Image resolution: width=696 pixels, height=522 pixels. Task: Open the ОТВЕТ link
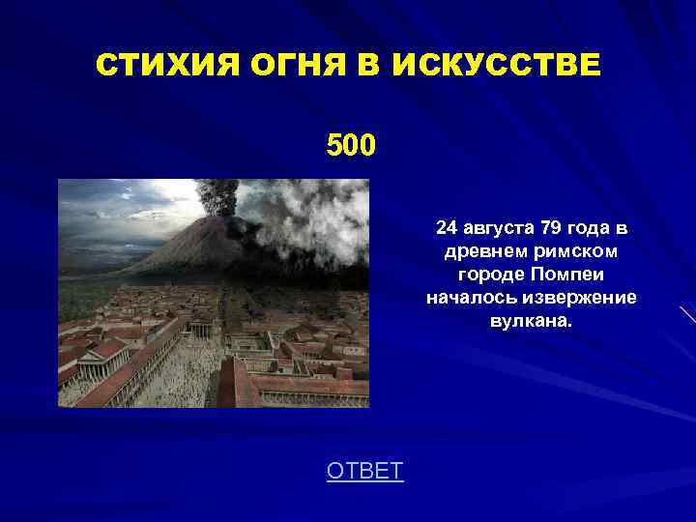click(364, 471)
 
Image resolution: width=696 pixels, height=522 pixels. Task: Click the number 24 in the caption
click(447, 228)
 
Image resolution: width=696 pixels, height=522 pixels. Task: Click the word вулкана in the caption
click(531, 320)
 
